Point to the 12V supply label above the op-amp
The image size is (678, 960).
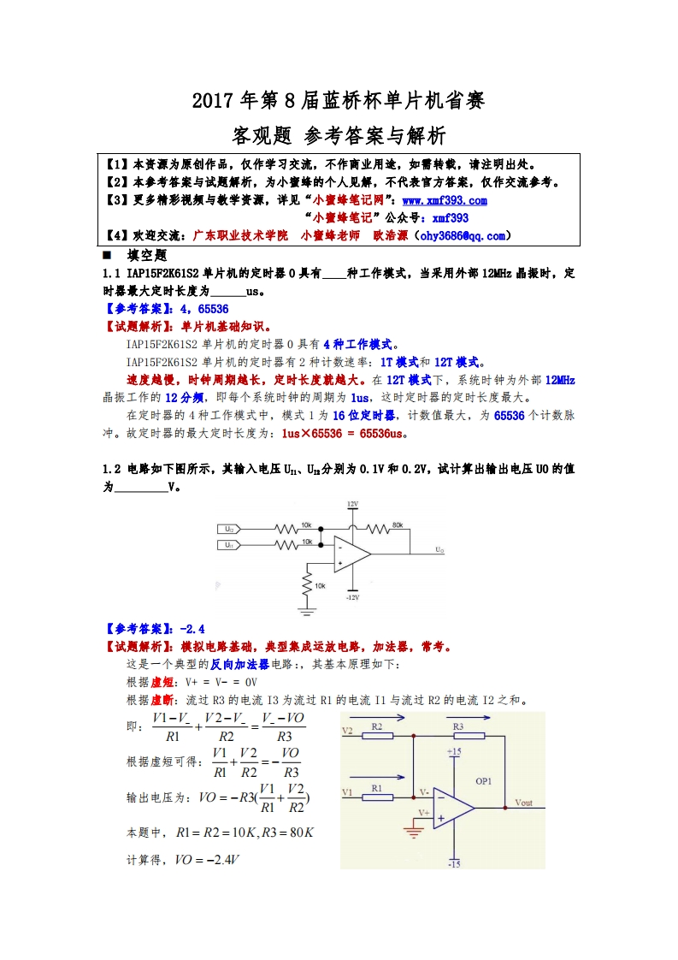coord(352,505)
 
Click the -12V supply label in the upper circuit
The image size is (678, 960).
coord(352,597)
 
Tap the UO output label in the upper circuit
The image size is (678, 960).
coord(439,550)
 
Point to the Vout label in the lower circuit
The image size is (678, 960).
coord(523,803)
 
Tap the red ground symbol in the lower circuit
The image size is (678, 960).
coord(414,827)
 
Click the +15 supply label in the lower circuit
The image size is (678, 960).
coord(454,751)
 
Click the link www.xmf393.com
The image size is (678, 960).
coord(444,200)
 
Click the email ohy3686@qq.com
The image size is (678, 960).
coord(462,235)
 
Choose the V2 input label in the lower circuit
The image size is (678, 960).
coord(347,731)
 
